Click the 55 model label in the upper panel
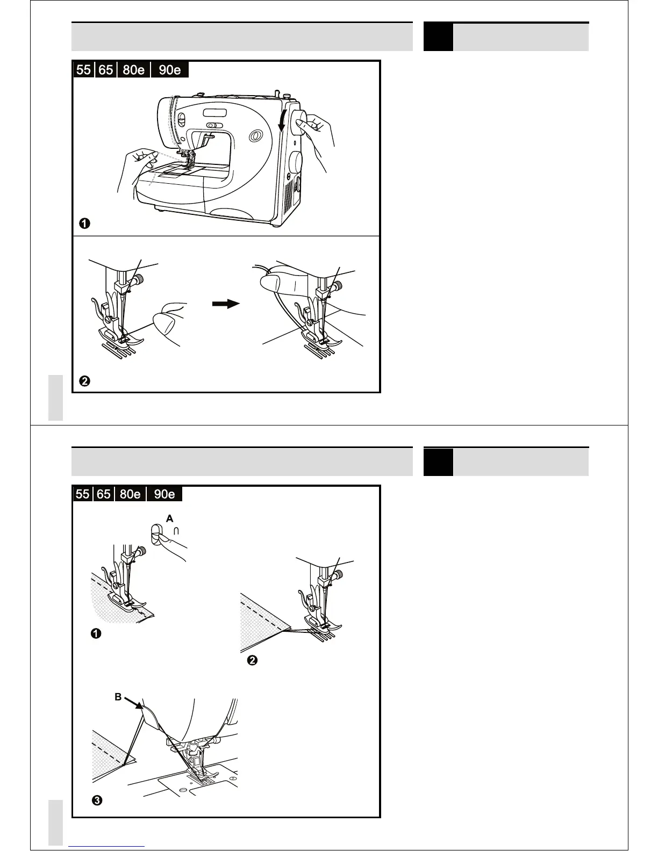(x=83, y=70)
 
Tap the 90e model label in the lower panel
(x=164, y=494)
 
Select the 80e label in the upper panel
(x=134, y=70)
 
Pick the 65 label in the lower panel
(x=104, y=494)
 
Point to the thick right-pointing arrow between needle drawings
(x=226, y=304)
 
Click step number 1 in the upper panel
(x=85, y=223)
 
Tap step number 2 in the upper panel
(x=84, y=382)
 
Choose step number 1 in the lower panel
(x=96, y=634)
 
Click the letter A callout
(x=170, y=519)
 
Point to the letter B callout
(x=118, y=697)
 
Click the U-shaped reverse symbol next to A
(x=176, y=531)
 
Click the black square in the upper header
(x=438, y=37)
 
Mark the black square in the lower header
(x=438, y=462)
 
